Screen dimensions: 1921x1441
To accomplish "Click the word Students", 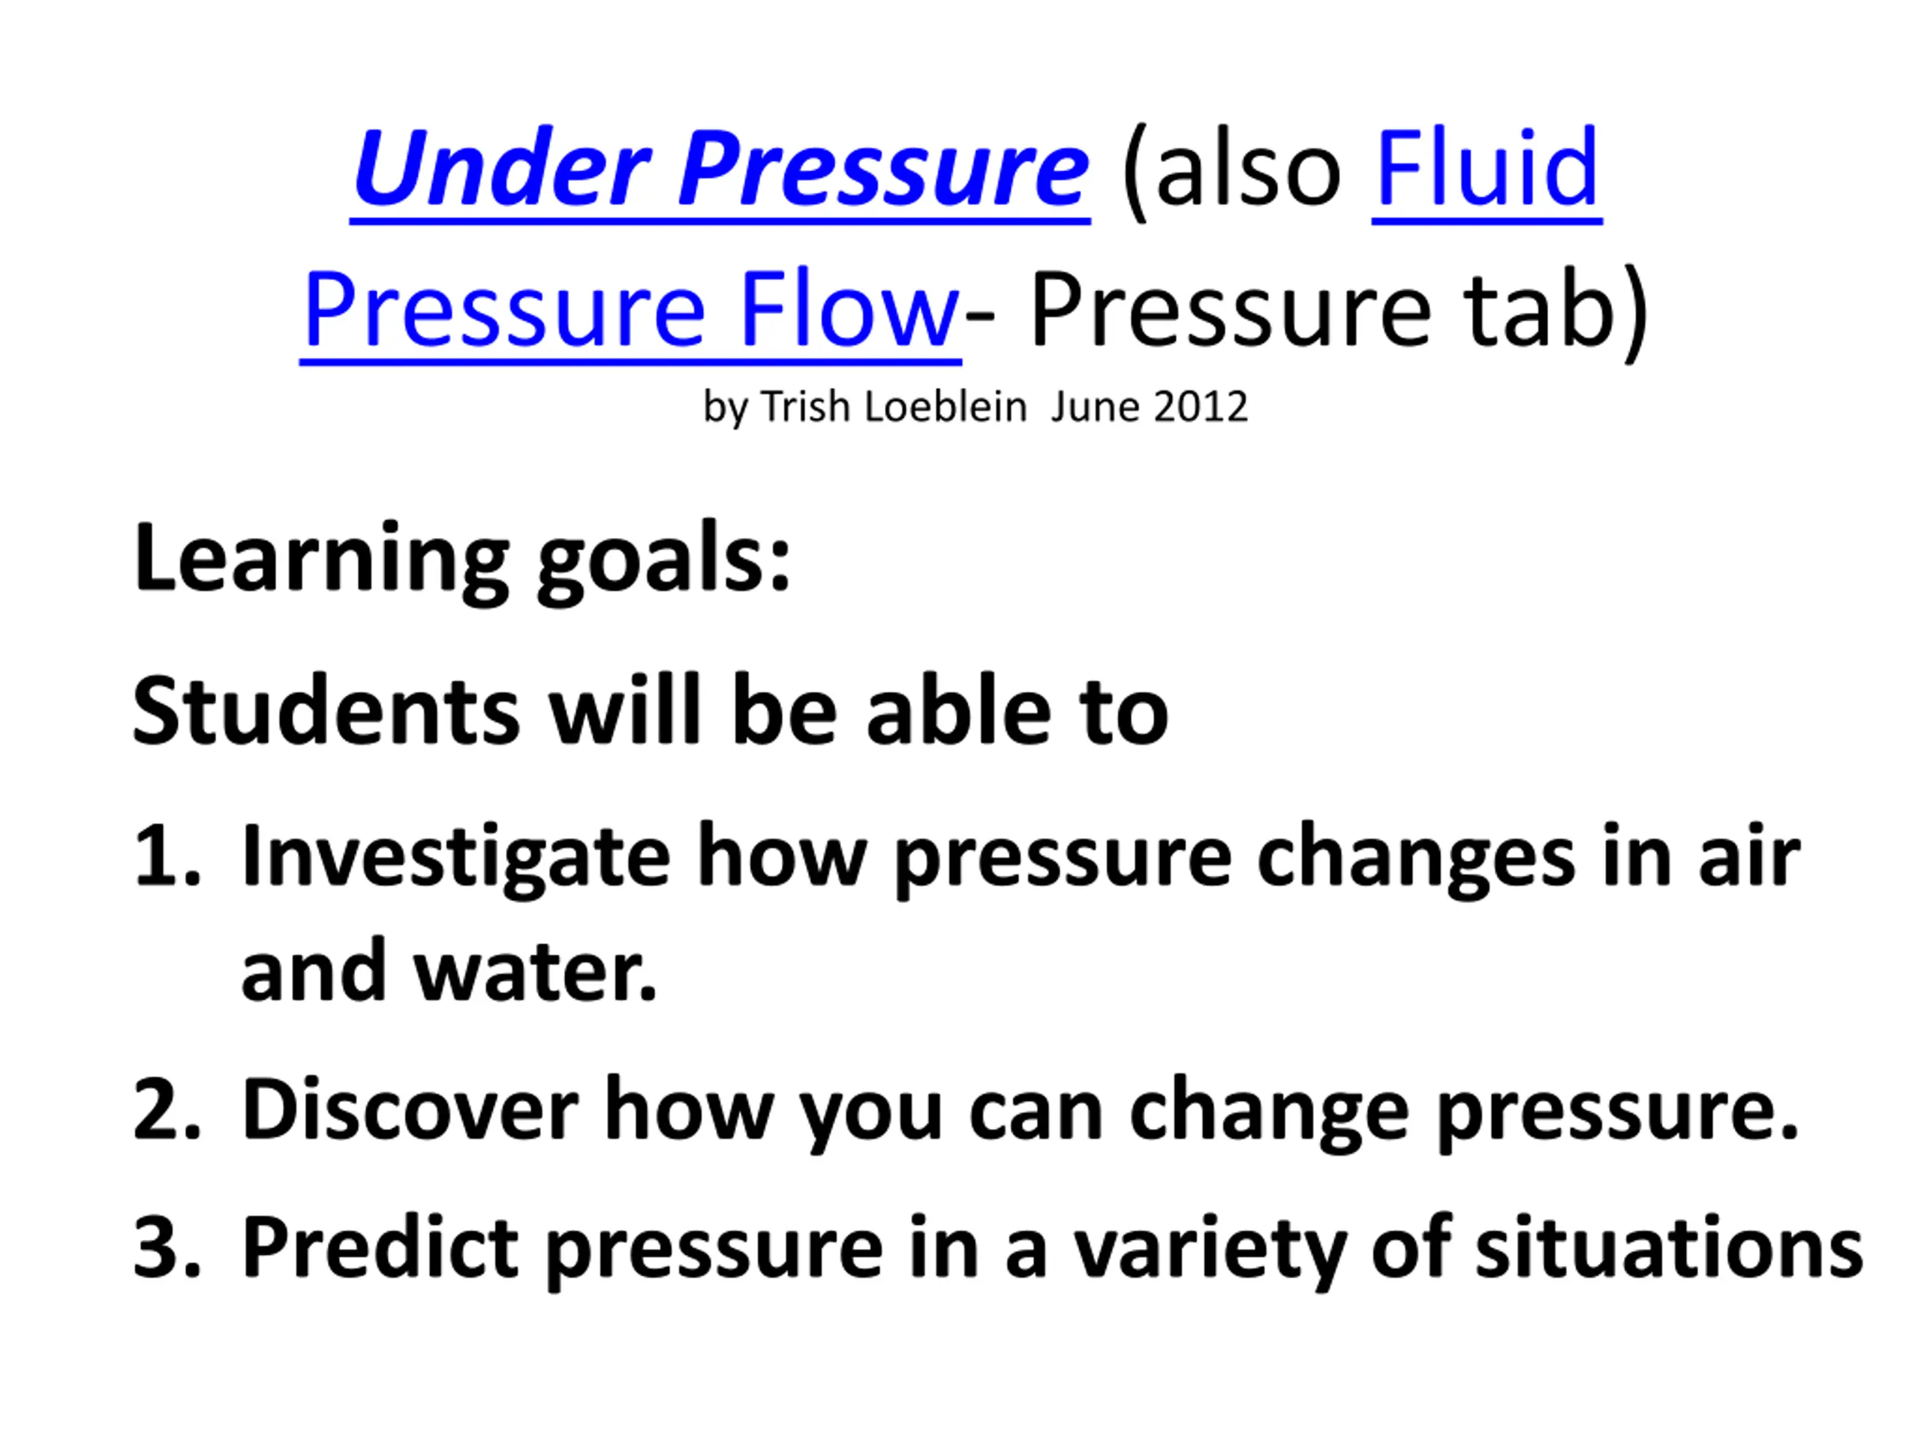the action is (326, 711).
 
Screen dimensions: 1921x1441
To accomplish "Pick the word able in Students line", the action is (959, 711).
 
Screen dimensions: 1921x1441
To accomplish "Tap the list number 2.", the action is (167, 1110).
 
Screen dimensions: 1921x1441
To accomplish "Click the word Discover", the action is (410, 1110).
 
